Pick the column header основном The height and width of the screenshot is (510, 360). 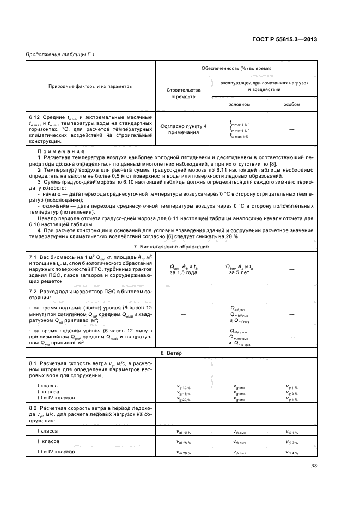point(239,104)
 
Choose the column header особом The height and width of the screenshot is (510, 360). point(291,104)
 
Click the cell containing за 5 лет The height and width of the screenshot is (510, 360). point(239,272)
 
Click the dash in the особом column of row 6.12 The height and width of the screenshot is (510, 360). point(291,129)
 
